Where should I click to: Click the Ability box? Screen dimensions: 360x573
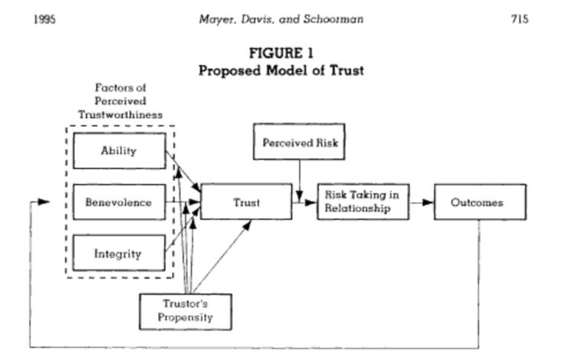tap(119, 151)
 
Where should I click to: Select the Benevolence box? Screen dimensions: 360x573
tap(119, 203)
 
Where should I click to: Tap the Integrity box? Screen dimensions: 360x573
tap(119, 254)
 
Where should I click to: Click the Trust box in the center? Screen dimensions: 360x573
tap(246, 203)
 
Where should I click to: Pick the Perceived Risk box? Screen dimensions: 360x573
tap(299, 142)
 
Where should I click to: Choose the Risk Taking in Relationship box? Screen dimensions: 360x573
tap(363, 202)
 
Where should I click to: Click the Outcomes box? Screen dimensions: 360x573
tap(480, 203)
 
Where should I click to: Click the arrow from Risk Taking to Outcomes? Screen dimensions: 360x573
tap(421, 203)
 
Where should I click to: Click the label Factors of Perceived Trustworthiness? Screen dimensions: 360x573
tap(120, 101)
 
